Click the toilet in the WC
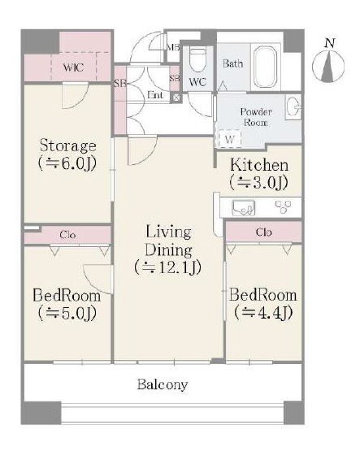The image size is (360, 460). pyautogui.click(x=198, y=59)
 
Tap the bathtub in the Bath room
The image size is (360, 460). pyautogui.click(x=266, y=67)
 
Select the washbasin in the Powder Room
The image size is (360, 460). pyautogui.click(x=293, y=107)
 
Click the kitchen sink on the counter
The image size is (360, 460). pyautogui.click(x=244, y=208)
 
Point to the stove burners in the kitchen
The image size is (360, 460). pyautogui.click(x=284, y=206)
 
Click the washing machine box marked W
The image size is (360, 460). pyautogui.click(x=229, y=138)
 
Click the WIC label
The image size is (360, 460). pyautogui.click(x=73, y=67)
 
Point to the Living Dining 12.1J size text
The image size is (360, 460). pyautogui.click(x=168, y=267)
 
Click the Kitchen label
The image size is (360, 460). pyautogui.click(x=259, y=165)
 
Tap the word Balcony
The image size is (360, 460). pyautogui.click(x=163, y=384)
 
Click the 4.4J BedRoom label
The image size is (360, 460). pyautogui.click(x=263, y=304)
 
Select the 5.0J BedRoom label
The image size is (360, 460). pyautogui.click(x=67, y=304)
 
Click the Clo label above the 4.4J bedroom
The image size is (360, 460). pyautogui.click(x=263, y=232)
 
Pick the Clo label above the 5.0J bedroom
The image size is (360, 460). pyautogui.click(x=67, y=235)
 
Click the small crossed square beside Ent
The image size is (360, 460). pyautogui.click(x=176, y=98)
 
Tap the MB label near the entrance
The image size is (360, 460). pyautogui.click(x=173, y=47)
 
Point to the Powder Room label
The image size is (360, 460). pyautogui.click(x=256, y=117)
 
